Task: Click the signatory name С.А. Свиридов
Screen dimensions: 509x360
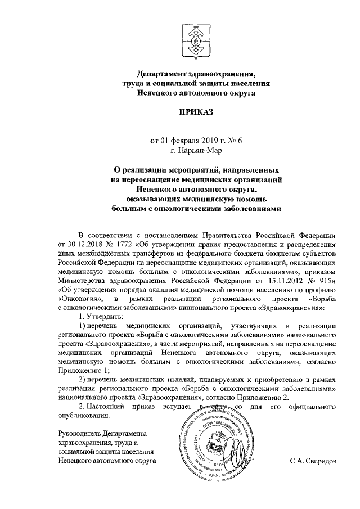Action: [313, 460]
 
